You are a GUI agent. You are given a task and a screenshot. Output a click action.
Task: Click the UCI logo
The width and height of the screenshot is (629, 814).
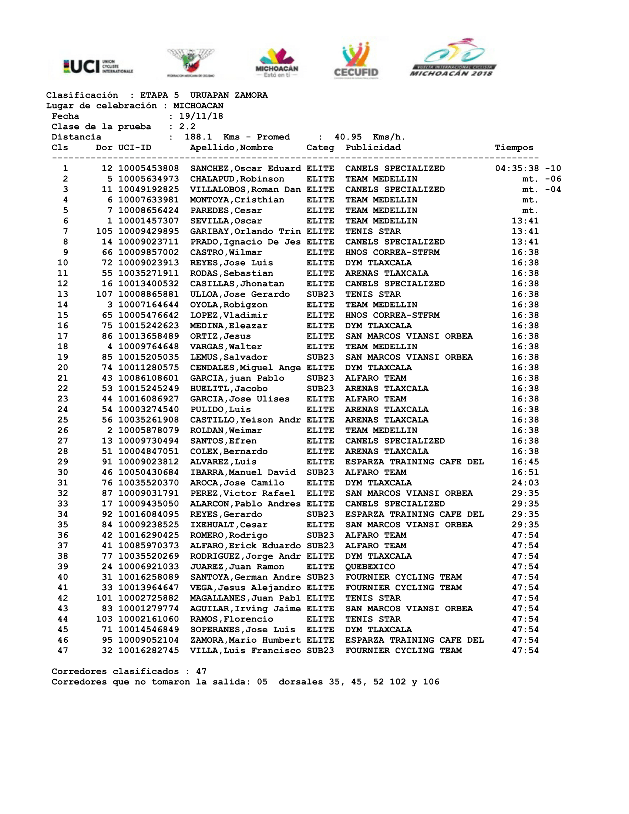pyautogui.click(x=98, y=66)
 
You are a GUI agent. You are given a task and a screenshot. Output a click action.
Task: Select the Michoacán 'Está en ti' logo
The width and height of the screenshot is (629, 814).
pyautogui.click(x=277, y=63)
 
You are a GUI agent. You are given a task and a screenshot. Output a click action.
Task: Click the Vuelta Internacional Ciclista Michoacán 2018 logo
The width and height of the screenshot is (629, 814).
pyautogui.click(x=453, y=58)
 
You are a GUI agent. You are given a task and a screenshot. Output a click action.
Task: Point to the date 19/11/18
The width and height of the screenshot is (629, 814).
pyautogui.click(x=201, y=116)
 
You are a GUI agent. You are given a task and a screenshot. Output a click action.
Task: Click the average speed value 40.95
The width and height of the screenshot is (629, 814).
pyautogui.click(x=348, y=137)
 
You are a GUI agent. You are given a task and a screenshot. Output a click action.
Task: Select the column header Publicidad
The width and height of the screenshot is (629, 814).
pyautogui.click(x=373, y=148)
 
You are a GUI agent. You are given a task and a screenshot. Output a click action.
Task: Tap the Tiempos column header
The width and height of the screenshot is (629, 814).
pyautogui.click(x=514, y=148)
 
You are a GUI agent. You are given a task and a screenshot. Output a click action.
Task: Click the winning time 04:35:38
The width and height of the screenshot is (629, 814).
pyautogui.click(x=517, y=168)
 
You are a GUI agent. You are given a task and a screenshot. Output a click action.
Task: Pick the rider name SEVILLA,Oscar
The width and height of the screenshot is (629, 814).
pyautogui.click(x=226, y=221)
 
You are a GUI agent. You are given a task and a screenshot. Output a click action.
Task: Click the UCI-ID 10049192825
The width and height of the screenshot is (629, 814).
pyautogui.click(x=148, y=189)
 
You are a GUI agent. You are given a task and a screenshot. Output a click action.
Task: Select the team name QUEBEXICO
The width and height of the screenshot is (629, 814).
pyautogui.click(x=370, y=567)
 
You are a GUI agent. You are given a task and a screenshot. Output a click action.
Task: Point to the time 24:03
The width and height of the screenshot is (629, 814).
pyautogui.click(x=525, y=483)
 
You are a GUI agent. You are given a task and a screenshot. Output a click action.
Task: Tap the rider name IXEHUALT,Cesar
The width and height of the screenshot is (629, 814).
pyautogui.click(x=228, y=525)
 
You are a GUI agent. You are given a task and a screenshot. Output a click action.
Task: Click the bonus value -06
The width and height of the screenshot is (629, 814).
pyautogui.click(x=553, y=179)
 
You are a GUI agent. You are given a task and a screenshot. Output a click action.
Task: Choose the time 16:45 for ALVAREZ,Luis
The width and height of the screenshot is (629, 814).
pyautogui.click(x=525, y=462)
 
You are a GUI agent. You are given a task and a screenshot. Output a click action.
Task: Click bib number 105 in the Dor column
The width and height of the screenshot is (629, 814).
pyautogui.click(x=104, y=232)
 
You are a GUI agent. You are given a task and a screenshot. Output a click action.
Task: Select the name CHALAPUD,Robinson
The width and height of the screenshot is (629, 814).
pyautogui.click(x=237, y=179)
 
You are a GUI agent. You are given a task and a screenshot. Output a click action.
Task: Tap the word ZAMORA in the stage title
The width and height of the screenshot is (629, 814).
pyautogui.click(x=251, y=95)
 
